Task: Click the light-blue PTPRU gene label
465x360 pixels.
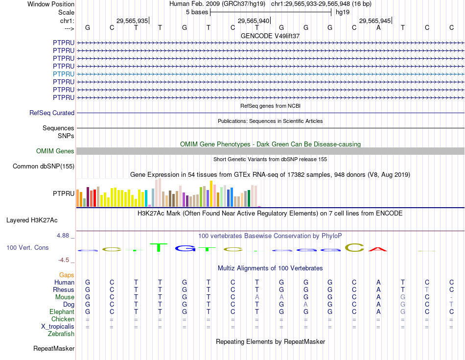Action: coord(64,74)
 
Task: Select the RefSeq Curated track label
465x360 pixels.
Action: coord(52,113)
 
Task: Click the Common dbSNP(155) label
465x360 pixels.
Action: coord(44,167)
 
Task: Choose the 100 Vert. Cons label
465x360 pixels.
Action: coord(27,248)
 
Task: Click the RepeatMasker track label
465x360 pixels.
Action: coord(54,349)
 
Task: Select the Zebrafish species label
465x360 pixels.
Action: coord(61,334)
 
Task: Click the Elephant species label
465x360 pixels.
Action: coord(62,312)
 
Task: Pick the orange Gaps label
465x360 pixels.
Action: coord(67,275)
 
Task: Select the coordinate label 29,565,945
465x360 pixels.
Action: coord(375,21)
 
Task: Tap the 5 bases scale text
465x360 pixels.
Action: coord(197,12)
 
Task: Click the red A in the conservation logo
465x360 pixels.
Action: coord(378,249)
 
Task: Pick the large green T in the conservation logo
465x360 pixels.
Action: coord(158,247)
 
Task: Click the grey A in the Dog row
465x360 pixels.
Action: coord(305,304)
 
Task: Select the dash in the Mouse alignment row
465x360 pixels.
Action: coord(451,297)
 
